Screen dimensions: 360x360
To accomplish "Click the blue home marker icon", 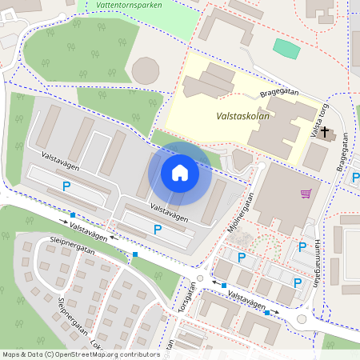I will point(180,173).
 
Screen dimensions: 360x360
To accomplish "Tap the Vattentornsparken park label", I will point(128,5).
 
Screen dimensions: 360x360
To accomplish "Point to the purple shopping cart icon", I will point(306,193).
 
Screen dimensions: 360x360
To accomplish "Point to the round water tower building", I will point(146,70).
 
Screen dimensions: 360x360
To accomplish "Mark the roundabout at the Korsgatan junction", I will point(199,281).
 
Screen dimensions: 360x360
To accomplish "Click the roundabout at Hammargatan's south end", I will point(302,318).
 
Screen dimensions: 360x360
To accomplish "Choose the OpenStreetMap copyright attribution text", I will point(80,354).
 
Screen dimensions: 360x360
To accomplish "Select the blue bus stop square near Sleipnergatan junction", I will point(135,254).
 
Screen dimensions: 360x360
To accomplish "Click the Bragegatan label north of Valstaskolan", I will point(279,93).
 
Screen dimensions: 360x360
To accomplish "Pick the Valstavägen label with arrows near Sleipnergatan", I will point(88,228).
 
